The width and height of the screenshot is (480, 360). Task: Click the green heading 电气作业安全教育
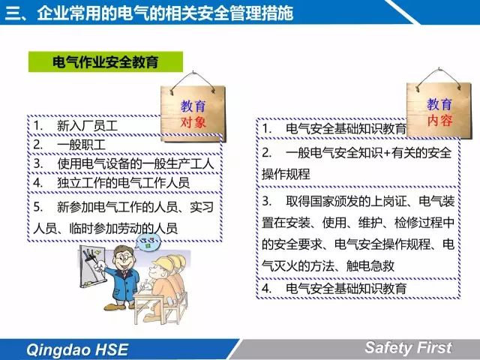pos(106,61)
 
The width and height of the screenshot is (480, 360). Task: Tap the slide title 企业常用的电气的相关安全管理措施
pos(165,13)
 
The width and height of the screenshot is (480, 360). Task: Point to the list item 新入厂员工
pos(87,125)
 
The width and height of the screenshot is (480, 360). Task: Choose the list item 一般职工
pos(81,145)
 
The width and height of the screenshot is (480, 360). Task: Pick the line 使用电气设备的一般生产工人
pos(135,163)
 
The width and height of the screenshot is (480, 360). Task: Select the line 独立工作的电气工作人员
pos(123,183)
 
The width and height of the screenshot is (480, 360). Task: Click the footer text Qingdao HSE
pos(77,349)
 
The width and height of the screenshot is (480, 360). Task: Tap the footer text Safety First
pos(408,347)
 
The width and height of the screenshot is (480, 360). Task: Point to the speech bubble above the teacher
pos(148,242)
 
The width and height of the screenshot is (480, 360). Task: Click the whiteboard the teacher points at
pos(92,266)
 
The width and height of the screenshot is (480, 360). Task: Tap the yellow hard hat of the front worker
pos(163,264)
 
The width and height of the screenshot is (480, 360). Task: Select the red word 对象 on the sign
pos(193,122)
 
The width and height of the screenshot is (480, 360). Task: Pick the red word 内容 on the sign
pos(439,120)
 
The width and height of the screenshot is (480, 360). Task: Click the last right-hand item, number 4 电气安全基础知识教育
pos(346,288)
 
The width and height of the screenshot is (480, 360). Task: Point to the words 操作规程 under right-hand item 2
pos(286,174)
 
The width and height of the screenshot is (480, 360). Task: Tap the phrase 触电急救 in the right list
pos(370,265)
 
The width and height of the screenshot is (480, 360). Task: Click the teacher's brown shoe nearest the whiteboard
pos(114,307)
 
